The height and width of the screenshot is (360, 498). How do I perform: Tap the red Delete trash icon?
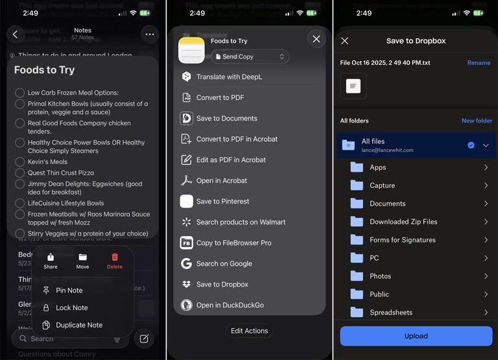[115, 258]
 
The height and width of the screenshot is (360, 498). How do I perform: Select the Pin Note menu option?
[69, 291]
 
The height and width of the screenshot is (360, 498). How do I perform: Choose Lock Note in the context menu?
[71, 308]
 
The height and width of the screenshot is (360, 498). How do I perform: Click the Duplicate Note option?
[78, 325]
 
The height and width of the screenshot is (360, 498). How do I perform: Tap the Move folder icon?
[82, 258]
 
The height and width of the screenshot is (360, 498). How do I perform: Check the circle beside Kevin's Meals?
[20, 162]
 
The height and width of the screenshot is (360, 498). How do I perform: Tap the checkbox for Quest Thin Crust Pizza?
[20, 173]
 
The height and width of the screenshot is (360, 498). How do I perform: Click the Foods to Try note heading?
[44, 70]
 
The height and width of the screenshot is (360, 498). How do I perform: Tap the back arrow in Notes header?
[16, 34]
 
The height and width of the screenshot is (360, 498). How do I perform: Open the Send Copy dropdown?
[250, 57]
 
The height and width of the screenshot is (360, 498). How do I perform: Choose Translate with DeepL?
[229, 77]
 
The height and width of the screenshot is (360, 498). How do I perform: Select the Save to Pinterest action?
[222, 201]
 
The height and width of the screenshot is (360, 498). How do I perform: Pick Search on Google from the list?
[224, 263]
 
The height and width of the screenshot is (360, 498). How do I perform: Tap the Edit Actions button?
[249, 331]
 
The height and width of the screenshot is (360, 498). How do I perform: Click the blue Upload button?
[416, 336]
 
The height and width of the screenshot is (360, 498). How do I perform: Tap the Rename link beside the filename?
[479, 63]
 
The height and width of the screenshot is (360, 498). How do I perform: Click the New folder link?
[477, 121]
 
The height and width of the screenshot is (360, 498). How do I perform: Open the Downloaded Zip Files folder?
[403, 222]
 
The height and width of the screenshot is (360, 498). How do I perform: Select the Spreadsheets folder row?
[391, 312]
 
